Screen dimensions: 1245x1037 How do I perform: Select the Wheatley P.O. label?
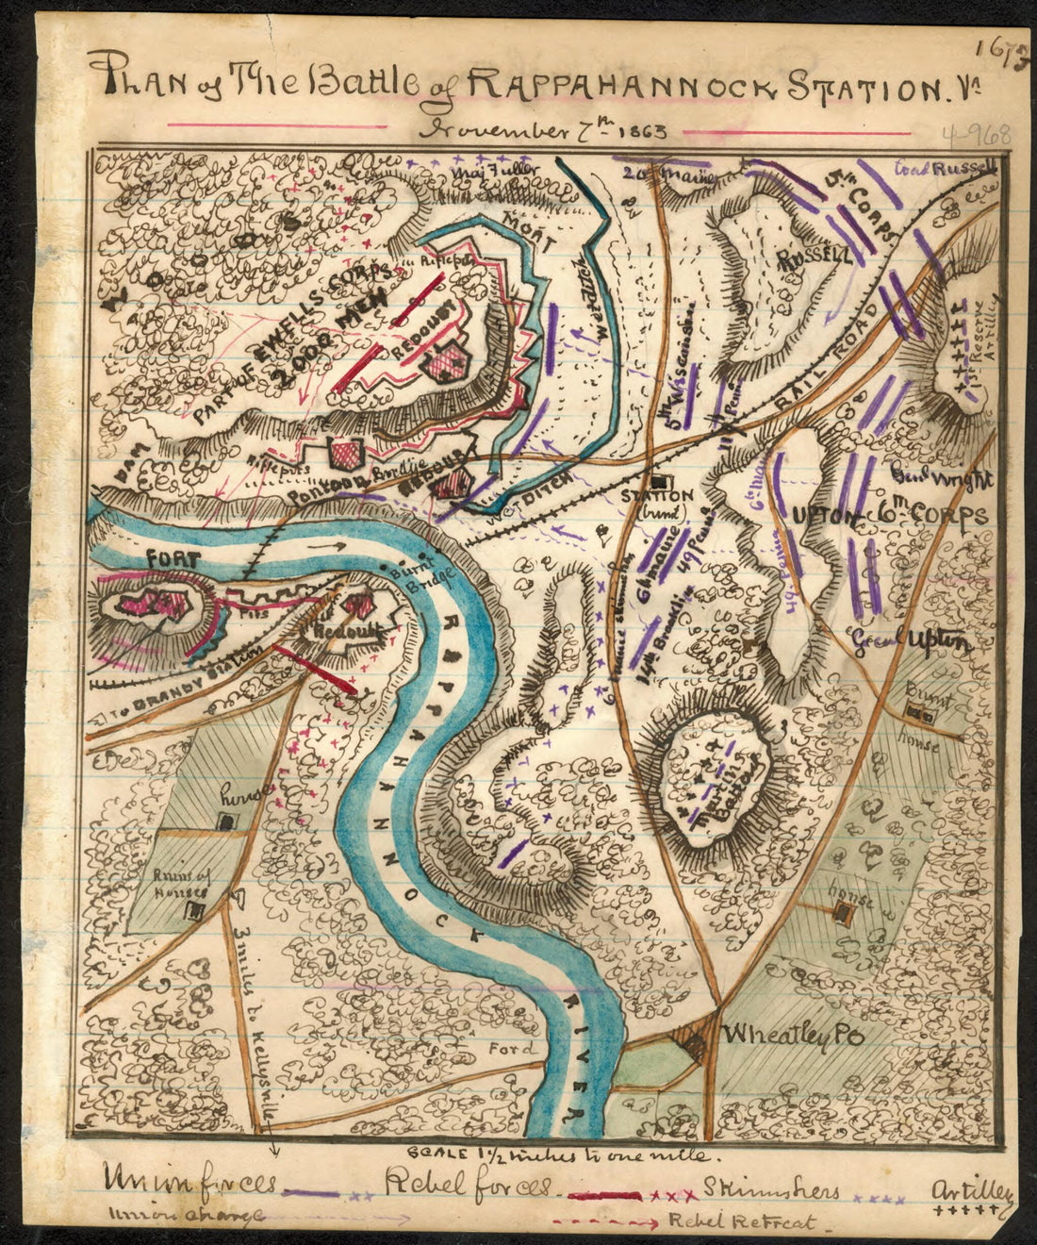point(793,1036)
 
